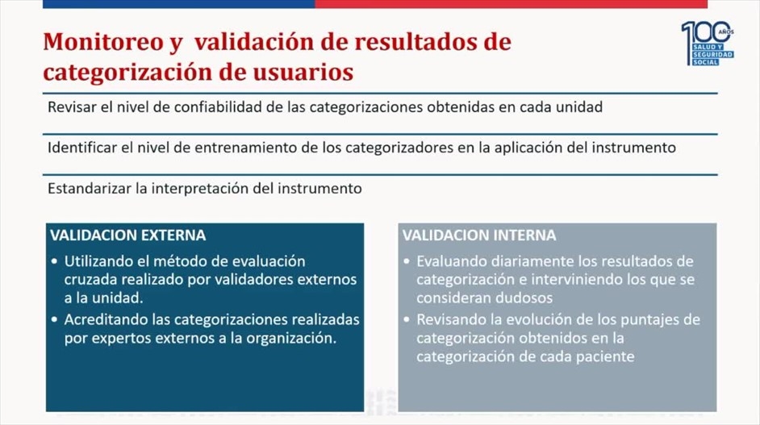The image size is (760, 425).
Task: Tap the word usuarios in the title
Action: (303, 72)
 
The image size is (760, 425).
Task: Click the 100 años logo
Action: (708, 43)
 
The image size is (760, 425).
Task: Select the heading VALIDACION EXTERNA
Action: (128, 235)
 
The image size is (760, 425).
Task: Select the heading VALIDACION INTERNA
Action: (479, 235)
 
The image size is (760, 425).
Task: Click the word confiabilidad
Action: (218, 107)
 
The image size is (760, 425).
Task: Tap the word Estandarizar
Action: (90, 188)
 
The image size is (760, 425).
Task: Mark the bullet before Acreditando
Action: (54, 320)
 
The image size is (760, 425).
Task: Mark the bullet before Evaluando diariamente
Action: (407, 261)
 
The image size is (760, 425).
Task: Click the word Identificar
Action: (82, 148)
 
